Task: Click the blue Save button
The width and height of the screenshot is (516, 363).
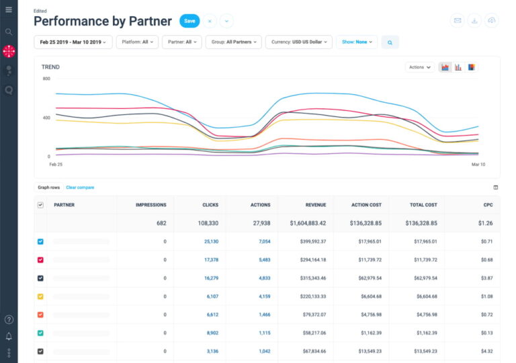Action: pyautogui.click(x=189, y=21)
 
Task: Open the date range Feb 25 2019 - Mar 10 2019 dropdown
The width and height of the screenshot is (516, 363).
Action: pyautogui.click(x=73, y=42)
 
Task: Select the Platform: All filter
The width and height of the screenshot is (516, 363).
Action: pyautogui.click(x=138, y=42)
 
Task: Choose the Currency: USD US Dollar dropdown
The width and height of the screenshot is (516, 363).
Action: pyautogui.click(x=298, y=42)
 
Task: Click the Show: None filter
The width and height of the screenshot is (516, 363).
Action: pyautogui.click(x=356, y=42)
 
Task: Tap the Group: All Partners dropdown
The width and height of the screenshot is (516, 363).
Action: pyautogui.click(x=234, y=42)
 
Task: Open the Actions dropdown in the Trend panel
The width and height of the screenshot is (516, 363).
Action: pyautogui.click(x=419, y=67)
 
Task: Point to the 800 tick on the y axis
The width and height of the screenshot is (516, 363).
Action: pyautogui.click(x=46, y=79)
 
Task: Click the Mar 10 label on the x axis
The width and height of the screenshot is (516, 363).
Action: pyautogui.click(x=478, y=164)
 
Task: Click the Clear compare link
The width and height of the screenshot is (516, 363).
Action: pyautogui.click(x=80, y=188)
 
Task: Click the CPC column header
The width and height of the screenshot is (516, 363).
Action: pyautogui.click(x=488, y=205)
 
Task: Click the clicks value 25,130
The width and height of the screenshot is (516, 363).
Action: pyautogui.click(x=211, y=241)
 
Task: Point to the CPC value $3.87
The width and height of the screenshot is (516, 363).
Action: pyautogui.click(x=486, y=278)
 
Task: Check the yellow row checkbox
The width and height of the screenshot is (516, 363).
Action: pyautogui.click(x=40, y=296)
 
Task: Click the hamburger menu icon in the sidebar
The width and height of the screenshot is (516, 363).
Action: pyautogui.click(x=9, y=9)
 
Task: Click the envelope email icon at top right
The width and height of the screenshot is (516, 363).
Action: pyautogui.click(x=458, y=21)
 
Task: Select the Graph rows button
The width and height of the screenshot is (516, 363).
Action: pyautogui.click(x=48, y=188)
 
